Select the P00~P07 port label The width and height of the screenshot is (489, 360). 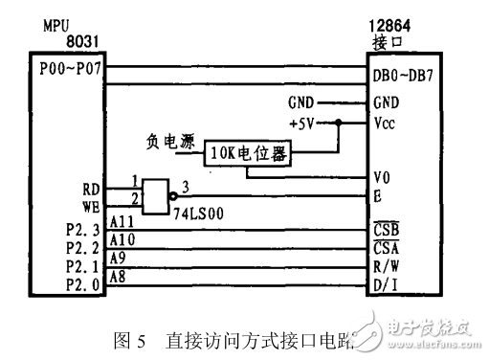[71, 70]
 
